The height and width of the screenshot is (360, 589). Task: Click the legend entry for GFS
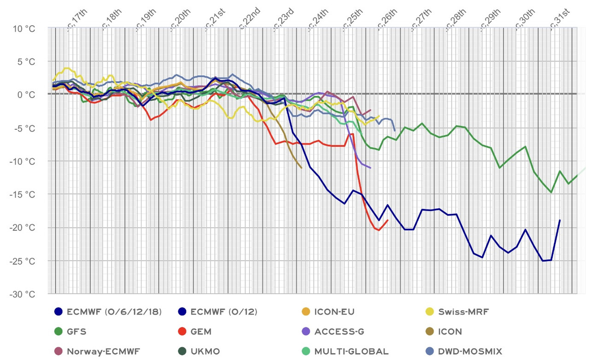click(76, 331)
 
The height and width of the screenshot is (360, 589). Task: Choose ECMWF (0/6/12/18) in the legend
click(114, 312)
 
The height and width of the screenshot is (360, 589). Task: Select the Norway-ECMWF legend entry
click(103, 351)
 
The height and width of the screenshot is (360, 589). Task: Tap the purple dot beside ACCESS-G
click(304, 331)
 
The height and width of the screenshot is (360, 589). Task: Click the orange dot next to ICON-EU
click(304, 312)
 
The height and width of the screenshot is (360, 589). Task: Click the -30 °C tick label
click(22, 294)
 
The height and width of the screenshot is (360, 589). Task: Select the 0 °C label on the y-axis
click(25, 95)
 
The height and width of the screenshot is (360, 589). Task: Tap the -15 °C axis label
click(22, 195)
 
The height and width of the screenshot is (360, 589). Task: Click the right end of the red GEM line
click(388, 220)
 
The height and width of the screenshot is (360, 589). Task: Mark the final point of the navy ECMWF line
click(560, 220)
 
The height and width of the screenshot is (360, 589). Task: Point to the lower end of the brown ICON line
click(301, 168)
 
